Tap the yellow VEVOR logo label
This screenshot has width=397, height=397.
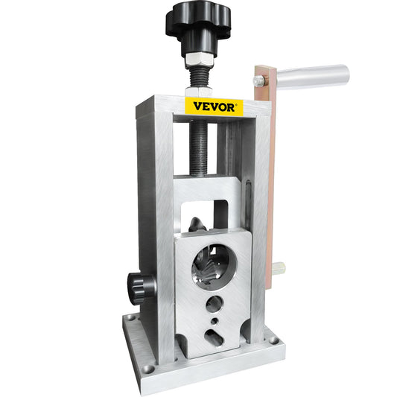pos(214,106)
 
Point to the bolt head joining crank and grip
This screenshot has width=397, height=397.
pos(259,78)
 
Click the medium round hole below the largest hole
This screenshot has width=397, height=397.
pos(215,303)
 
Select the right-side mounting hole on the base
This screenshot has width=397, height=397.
pos(273,340)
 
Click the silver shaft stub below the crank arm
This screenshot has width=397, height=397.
pos(279,267)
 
